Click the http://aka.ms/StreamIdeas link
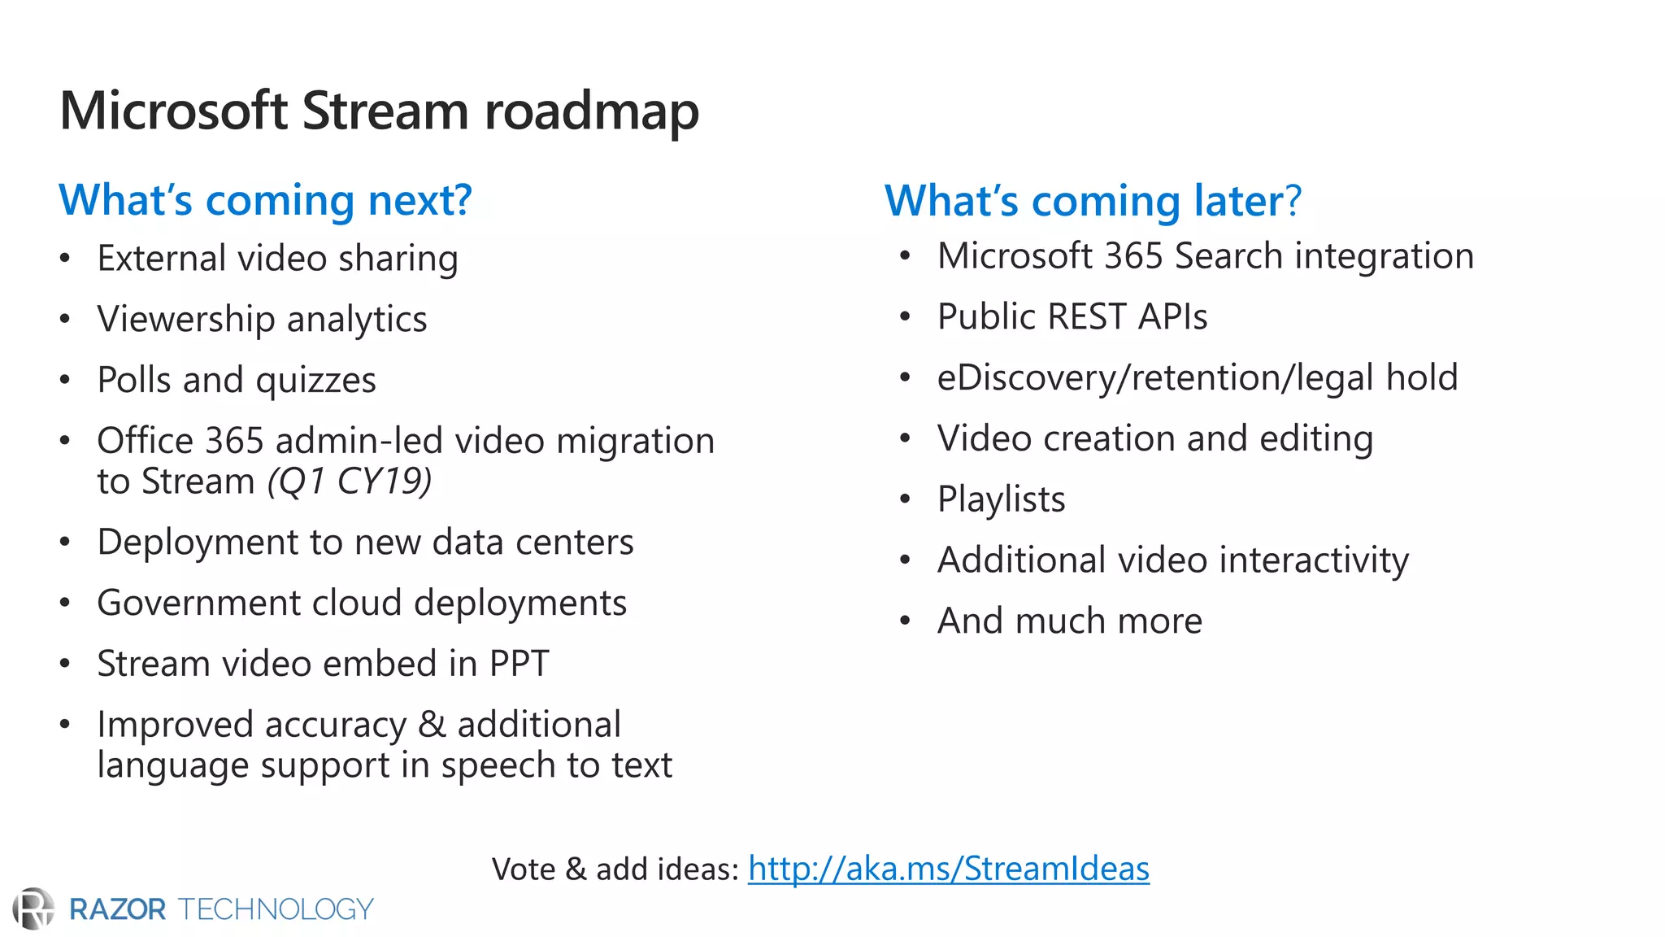(948, 869)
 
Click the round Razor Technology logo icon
(33, 909)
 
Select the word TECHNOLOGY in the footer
(276, 909)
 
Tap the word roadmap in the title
(591, 111)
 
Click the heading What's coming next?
(265, 200)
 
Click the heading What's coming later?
(1093, 200)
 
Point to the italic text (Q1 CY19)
(350, 481)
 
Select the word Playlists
(1001, 499)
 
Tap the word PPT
(519, 664)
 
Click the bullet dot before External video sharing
(65, 259)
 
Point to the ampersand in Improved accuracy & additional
(431, 725)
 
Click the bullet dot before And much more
(906, 621)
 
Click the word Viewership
(186, 320)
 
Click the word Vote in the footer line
(523, 869)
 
